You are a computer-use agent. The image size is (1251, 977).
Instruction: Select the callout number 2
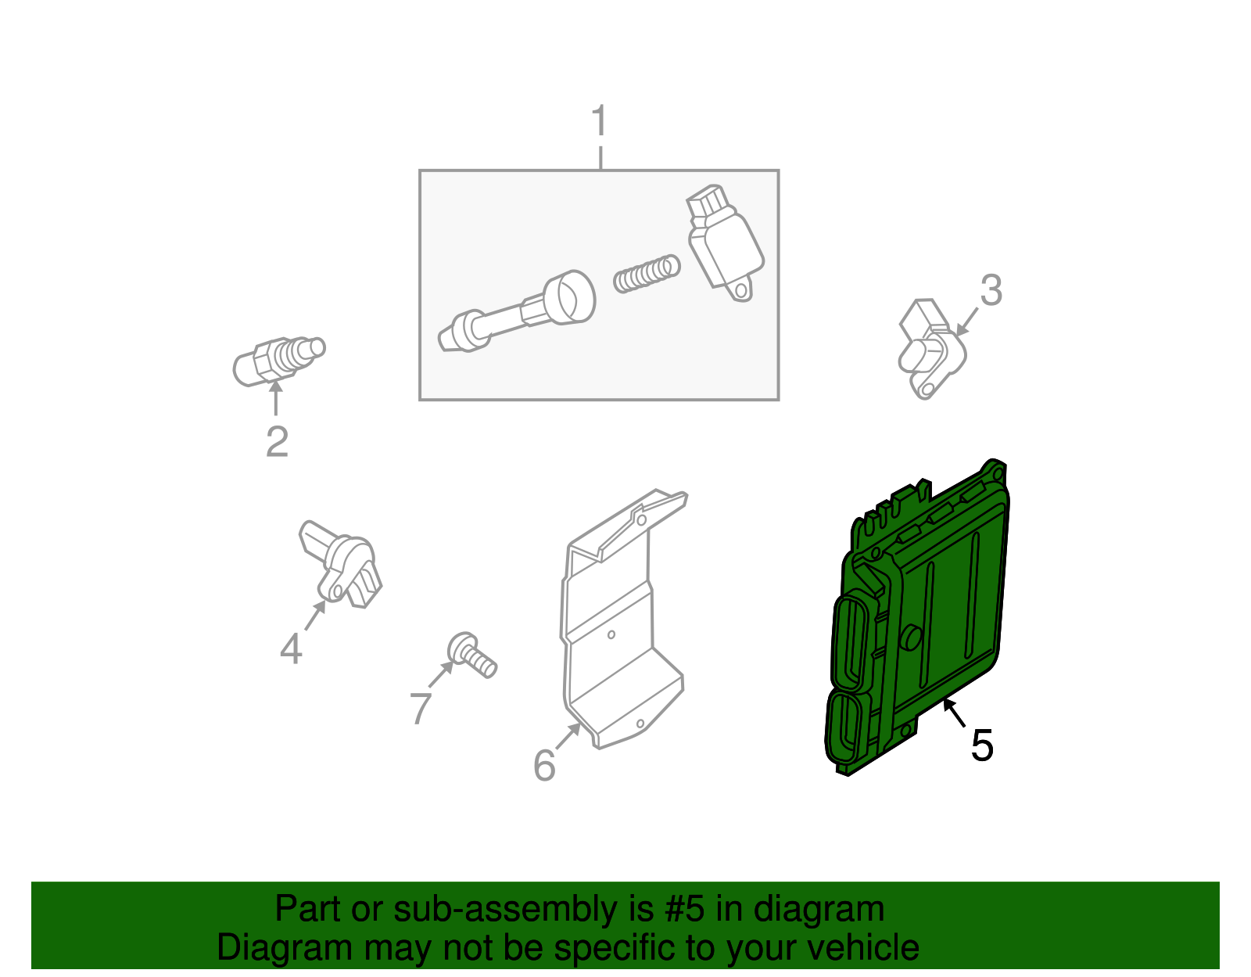click(x=277, y=442)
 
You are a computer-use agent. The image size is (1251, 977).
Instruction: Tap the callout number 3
click(x=991, y=290)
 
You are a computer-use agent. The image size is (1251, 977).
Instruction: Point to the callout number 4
click(x=291, y=649)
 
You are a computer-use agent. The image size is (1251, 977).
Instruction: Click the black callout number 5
click(x=982, y=745)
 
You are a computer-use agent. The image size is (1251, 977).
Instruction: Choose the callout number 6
click(x=544, y=765)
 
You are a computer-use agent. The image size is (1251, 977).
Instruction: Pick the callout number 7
click(x=421, y=708)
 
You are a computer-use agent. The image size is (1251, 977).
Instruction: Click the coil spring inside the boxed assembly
click(x=646, y=273)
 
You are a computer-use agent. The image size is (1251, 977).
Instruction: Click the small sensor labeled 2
click(x=278, y=360)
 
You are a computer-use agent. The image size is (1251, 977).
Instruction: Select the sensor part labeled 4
click(x=342, y=563)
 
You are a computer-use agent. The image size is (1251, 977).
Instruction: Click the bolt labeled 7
click(x=473, y=656)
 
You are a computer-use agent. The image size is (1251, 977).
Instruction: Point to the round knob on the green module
click(x=912, y=638)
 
